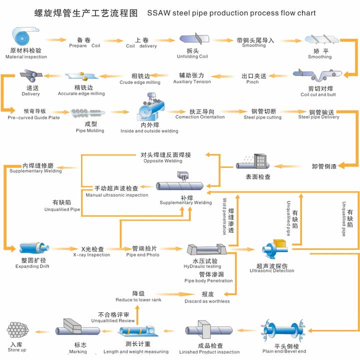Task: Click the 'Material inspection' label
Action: [x=26, y=57]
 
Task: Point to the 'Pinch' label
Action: [x=252, y=82]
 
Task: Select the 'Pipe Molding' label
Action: [x=90, y=131]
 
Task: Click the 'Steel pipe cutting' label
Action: [x=262, y=117]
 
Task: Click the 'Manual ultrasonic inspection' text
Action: [x=116, y=195]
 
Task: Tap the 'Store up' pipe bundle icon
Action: [x=17, y=330]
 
